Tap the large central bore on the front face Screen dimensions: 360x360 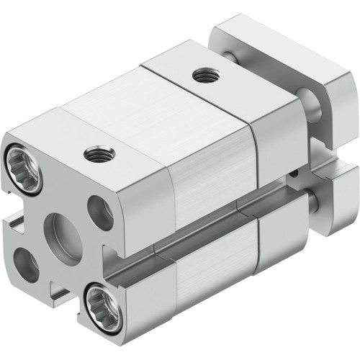60,226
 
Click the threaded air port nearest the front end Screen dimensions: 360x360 93,153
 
